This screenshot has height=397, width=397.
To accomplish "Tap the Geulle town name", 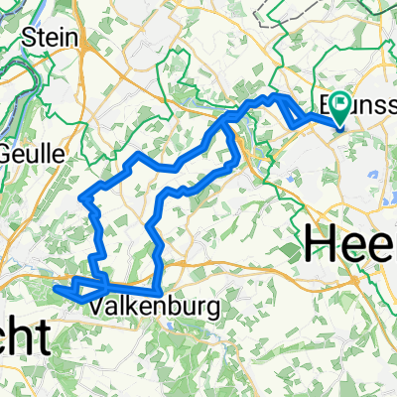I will [30, 155].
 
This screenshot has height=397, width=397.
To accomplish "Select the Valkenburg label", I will [140, 308].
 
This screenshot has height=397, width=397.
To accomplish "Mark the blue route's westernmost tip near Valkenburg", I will [55, 289].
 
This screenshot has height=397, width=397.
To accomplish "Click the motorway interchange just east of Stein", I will [94, 45].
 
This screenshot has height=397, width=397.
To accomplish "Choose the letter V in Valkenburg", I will [98, 308].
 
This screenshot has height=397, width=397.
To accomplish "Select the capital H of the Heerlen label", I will [323, 241].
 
